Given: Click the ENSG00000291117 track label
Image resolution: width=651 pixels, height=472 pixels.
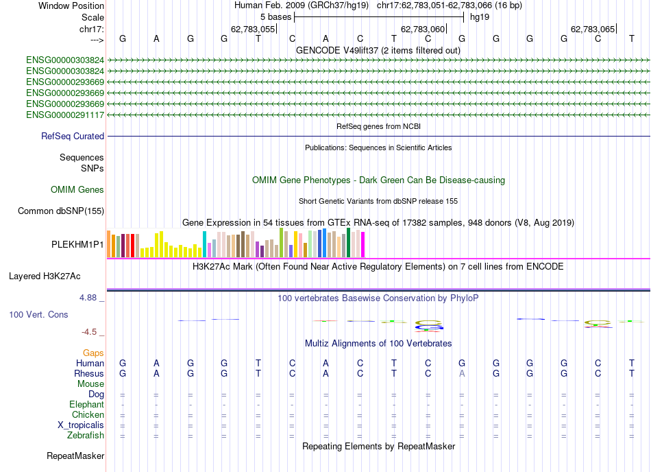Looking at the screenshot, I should click(x=65, y=115).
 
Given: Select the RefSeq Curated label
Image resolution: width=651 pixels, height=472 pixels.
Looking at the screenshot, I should click(x=73, y=137).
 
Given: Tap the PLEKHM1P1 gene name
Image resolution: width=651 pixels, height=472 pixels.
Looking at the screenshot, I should click(x=77, y=244).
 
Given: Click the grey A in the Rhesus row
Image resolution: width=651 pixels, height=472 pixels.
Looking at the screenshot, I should click(x=463, y=374).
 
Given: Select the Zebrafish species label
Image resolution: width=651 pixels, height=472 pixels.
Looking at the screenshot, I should click(x=86, y=436).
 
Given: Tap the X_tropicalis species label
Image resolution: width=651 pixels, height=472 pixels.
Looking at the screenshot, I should click(x=81, y=425).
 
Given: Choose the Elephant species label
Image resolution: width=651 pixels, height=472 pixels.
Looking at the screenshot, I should click(x=86, y=405).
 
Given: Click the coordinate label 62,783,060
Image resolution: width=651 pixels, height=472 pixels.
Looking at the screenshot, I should click(x=423, y=29).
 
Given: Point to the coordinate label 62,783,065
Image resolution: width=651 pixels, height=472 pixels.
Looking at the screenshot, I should click(x=593, y=29).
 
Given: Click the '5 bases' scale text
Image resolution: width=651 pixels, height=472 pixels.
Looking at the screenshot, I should click(x=275, y=16).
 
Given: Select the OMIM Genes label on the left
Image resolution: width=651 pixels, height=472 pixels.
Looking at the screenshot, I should click(x=77, y=190).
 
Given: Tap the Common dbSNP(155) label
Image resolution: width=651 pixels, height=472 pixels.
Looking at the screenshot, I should click(x=60, y=211).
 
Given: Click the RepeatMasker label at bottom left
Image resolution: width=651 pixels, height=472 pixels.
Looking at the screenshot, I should click(x=75, y=456).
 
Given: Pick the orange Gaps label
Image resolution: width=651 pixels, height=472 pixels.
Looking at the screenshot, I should click(x=93, y=353).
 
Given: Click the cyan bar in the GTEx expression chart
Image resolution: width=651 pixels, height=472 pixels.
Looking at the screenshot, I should click(x=205, y=244).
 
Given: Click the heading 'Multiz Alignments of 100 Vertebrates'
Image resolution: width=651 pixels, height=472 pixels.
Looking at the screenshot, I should click(x=378, y=343).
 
